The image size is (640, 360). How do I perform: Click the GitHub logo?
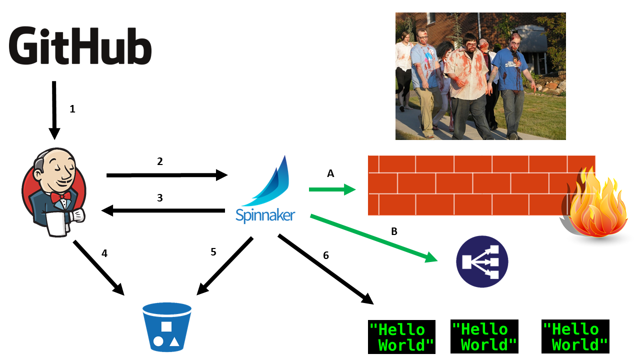pos(80,46)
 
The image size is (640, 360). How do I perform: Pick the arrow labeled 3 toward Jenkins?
pos(163,211)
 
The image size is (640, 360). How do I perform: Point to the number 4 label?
pos(104,253)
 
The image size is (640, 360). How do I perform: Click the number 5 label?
pos(213,252)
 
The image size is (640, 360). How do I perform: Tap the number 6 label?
pos(326,255)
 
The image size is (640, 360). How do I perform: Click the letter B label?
pos(394,231)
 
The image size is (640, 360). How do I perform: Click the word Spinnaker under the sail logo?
pos(265,215)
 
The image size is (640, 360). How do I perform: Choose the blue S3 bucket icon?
pos(167,327)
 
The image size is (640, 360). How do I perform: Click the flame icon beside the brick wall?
pos(596,205)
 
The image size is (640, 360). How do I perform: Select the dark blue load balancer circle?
pos(482,261)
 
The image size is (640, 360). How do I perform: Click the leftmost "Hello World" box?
pos(401,337)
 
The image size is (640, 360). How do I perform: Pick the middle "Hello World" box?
pos(484,337)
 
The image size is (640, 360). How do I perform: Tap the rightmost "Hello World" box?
pos(575,337)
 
